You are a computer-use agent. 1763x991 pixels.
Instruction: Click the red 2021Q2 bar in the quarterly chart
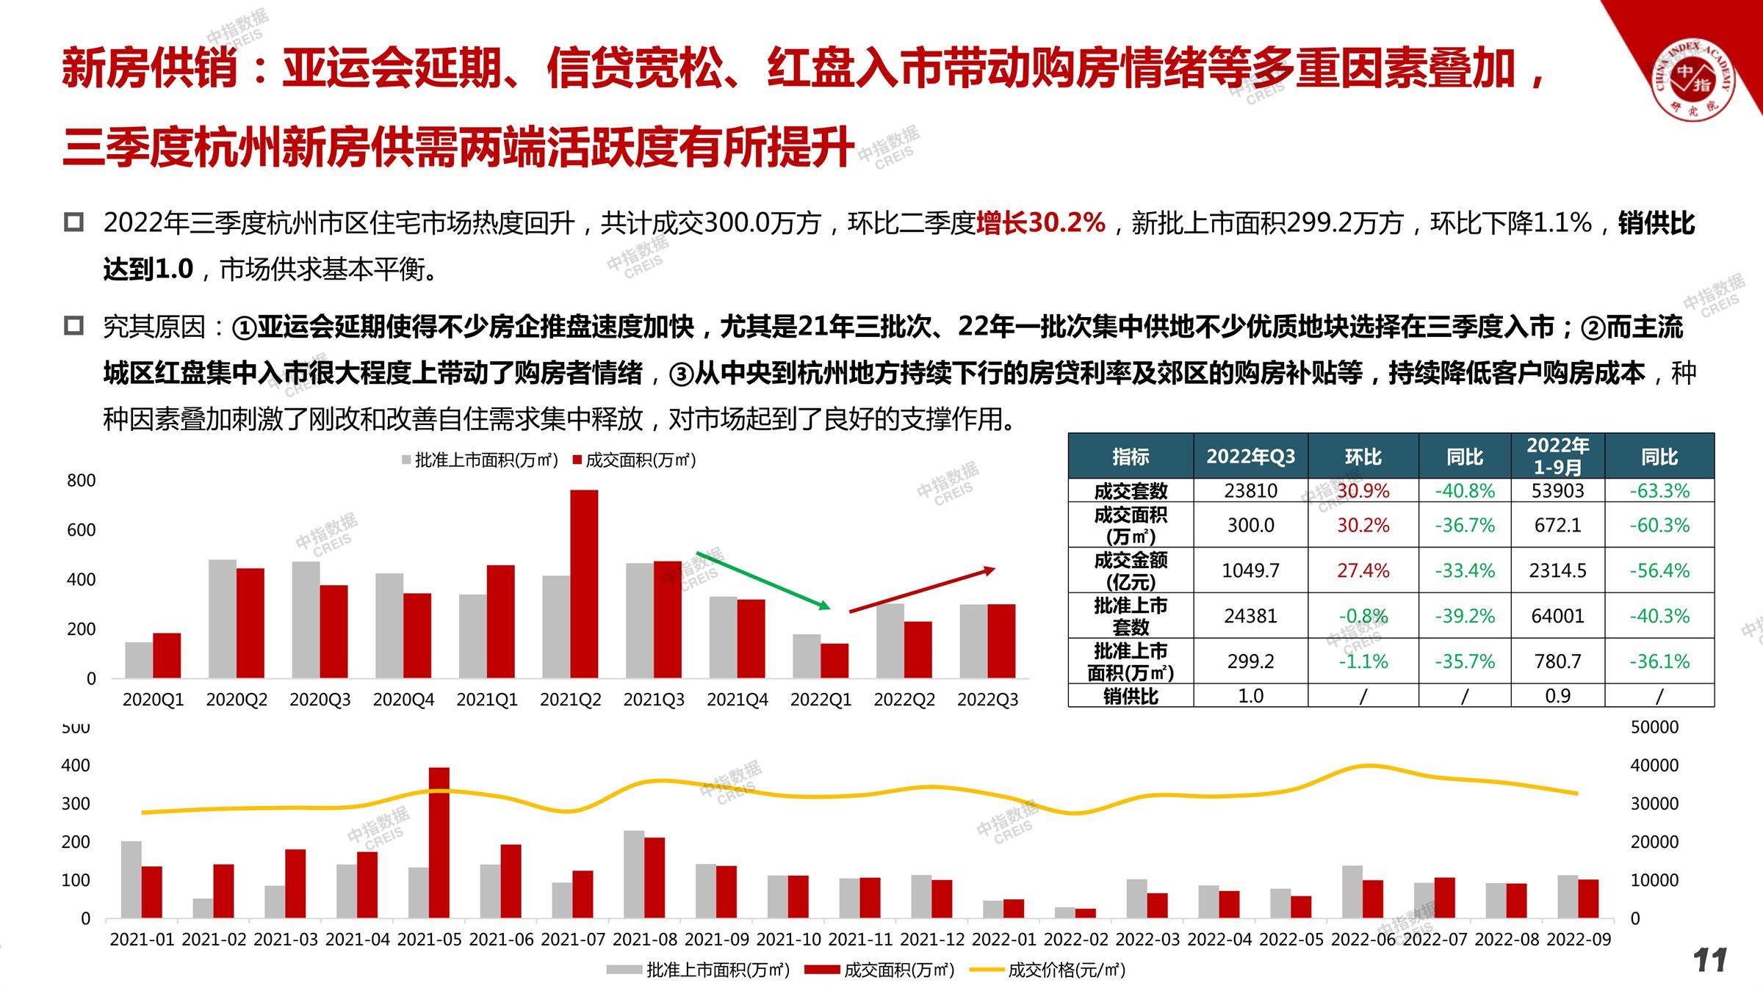coord(584,584)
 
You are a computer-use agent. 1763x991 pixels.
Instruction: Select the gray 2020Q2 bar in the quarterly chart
coord(223,619)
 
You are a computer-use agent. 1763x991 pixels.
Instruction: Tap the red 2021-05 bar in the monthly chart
coord(439,843)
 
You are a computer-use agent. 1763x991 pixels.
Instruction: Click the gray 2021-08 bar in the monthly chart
coord(634,874)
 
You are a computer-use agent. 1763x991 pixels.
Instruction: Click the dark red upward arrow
coord(922,589)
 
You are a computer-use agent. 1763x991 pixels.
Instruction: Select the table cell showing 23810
coord(1250,490)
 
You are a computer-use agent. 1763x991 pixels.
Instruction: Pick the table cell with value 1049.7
coord(1250,570)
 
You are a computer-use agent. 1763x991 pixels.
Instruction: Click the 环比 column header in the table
coord(1363,457)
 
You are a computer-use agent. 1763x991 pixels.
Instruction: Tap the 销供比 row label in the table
coord(1131,696)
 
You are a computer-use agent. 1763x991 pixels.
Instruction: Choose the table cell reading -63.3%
coord(1659,490)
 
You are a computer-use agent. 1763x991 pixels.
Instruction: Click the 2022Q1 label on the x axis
coord(821,700)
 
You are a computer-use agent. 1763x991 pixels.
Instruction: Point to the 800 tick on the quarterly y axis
coord(81,481)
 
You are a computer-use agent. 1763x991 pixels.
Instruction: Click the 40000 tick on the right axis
coord(1654,766)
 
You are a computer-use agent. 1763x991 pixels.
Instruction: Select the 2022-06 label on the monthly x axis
coord(1363,940)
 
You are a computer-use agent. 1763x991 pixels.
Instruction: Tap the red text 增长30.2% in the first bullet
coord(1040,222)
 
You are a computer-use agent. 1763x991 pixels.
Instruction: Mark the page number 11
coord(1709,960)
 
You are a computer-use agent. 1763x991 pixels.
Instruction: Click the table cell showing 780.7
coord(1557,661)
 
